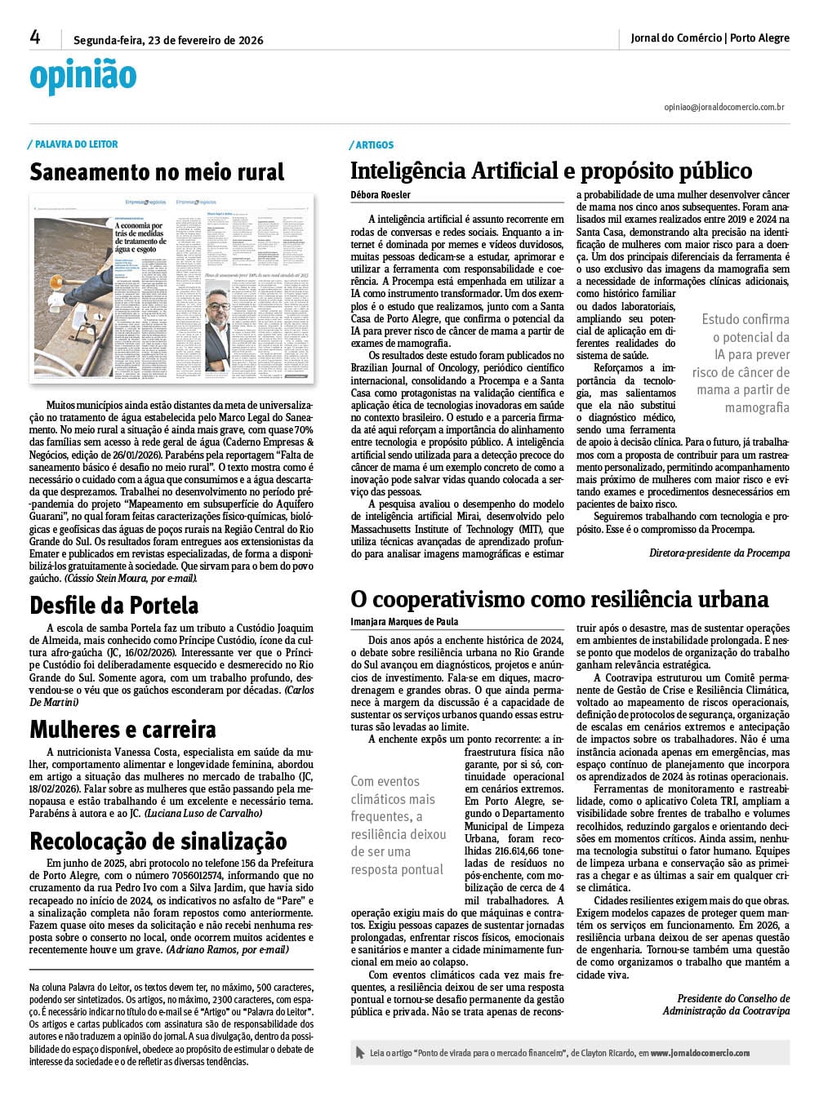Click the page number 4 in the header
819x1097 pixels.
(35, 38)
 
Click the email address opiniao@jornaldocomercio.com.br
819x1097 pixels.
(724, 107)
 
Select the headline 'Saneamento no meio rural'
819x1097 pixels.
(157, 172)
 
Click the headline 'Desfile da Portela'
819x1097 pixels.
(114, 605)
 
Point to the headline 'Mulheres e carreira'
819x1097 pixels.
(122, 729)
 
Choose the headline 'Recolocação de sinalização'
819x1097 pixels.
(158, 841)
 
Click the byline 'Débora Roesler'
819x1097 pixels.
(381, 194)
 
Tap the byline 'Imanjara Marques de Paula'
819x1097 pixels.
(404, 621)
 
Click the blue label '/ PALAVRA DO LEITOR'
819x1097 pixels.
(74, 144)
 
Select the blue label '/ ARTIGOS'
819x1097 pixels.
(373, 144)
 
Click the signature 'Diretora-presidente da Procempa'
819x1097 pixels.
(719, 553)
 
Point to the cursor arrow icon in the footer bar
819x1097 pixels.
(360, 1053)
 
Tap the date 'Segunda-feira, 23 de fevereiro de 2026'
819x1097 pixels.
(168, 39)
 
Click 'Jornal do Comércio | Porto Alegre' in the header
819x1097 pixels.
(710, 38)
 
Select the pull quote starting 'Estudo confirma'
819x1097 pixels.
(741, 363)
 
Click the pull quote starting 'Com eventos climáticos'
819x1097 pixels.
(398, 825)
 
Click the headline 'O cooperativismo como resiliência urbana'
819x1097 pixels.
(559, 599)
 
